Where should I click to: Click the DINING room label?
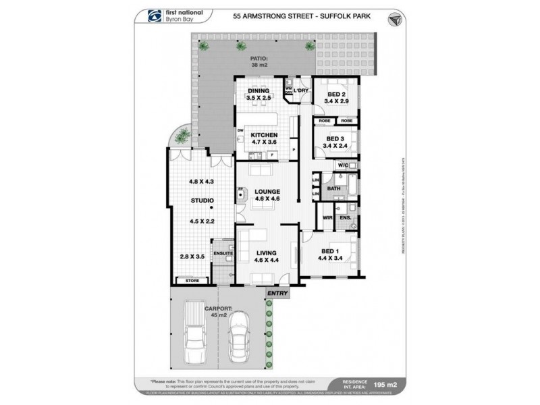pyautogui.click(x=259, y=91)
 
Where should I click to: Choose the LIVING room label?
pyautogui.click(x=266, y=251)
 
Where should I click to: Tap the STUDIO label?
pyautogui.click(x=202, y=200)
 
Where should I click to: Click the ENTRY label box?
pyautogui.click(x=277, y=293)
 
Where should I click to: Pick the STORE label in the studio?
pyautogui.click(x=192, y=279)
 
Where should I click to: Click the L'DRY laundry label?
pyautogui.click(x=300, y=90)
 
